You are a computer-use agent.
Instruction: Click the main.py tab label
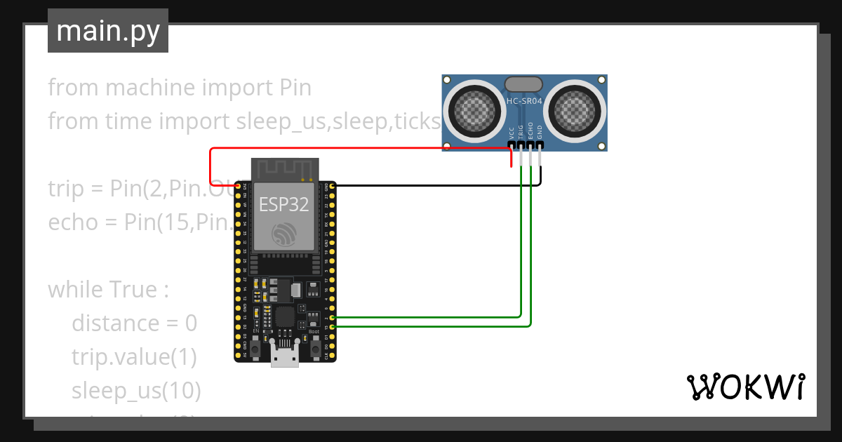point(107,31)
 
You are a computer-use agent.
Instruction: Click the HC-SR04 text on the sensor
point(524,102)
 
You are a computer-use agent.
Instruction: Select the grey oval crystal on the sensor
point(523,83)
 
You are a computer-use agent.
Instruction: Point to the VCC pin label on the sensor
point(511,133)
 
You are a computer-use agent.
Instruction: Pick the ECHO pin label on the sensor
point(530,131)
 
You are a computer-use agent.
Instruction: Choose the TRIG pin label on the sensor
point(521,132)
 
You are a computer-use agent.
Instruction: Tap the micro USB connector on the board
point(285,356)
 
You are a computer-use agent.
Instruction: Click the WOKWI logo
point(745,387)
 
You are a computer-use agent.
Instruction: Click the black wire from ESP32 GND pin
point(435,185)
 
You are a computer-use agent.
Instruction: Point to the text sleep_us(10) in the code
point(136,390)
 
